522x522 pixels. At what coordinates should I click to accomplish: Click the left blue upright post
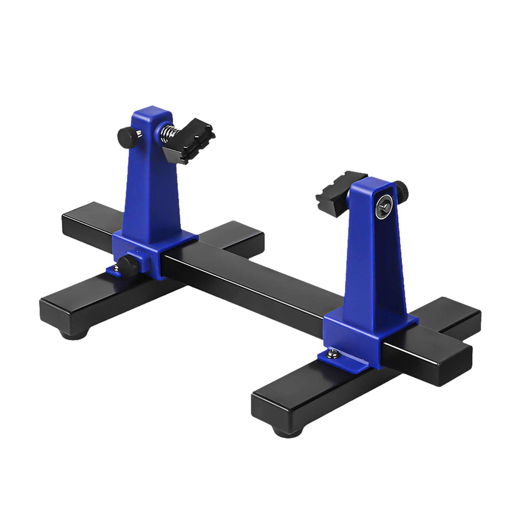[x=152, y=176]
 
